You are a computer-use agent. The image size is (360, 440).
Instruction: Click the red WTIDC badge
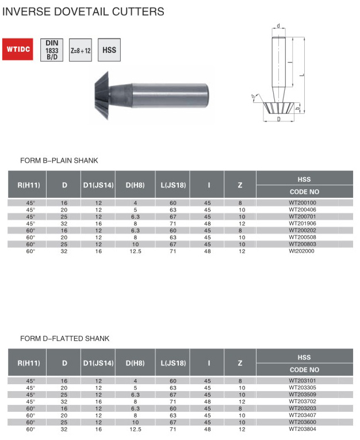click(18, 49)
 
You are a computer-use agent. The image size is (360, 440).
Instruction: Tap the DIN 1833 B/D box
click(52, 50)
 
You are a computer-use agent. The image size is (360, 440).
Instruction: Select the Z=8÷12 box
click(81, 50)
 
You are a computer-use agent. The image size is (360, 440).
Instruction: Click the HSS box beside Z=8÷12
click(109, 50)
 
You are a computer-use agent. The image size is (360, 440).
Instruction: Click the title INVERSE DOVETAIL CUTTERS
click(83, 12)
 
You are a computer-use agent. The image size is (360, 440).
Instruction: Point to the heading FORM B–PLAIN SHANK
click(59, 160)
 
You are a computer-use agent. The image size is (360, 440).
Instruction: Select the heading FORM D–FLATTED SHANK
click(65, 338)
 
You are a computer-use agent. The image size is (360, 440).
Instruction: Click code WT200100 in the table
click(302, 202)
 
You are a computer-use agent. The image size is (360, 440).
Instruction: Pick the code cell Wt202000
click(302, 251)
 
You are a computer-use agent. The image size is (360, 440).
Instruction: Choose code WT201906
click(302, 223)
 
